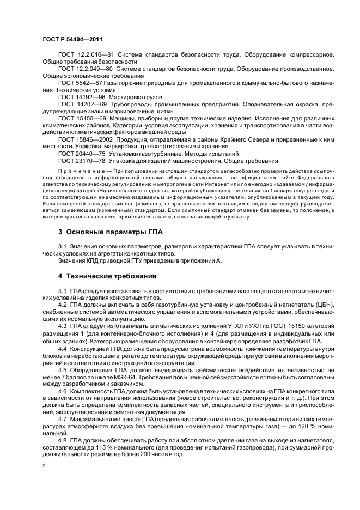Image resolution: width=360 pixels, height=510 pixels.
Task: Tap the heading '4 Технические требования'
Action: pyautogui.click(x=107, y=276)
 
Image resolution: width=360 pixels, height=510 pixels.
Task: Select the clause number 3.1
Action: pyautogui.click(x=63, y=247)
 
